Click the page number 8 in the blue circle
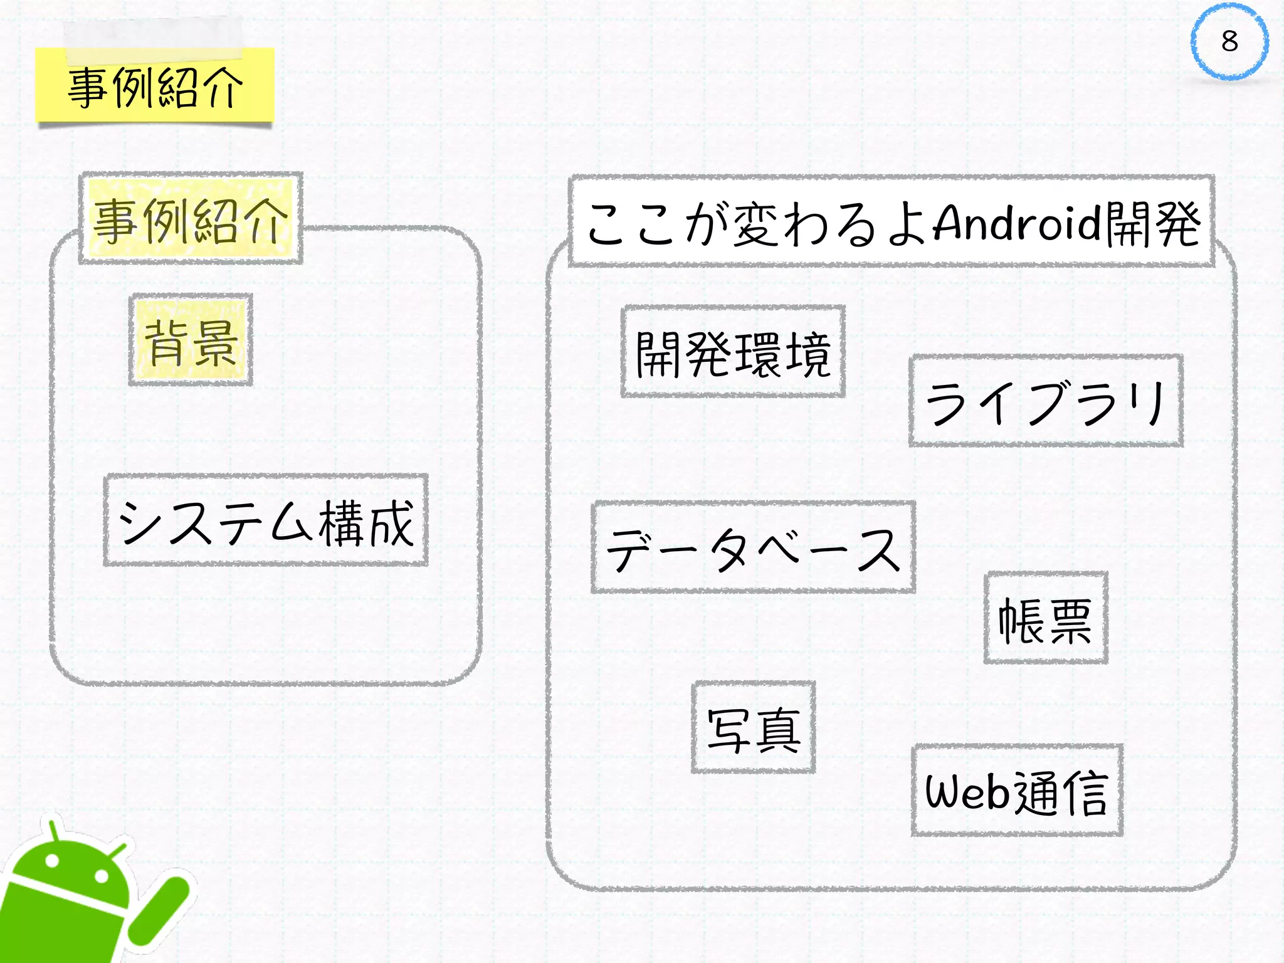click(x=1229, y=42)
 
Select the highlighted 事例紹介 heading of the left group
click(x=191, y=219)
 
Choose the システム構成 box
click(x=266, y=521)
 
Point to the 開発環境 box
click(x=733, y=352)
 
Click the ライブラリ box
click(x=1046, y=401)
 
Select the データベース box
click(x=753, y=547)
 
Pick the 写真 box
click(x=753, y=728)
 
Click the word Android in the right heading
click(x=1017, y=223)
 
